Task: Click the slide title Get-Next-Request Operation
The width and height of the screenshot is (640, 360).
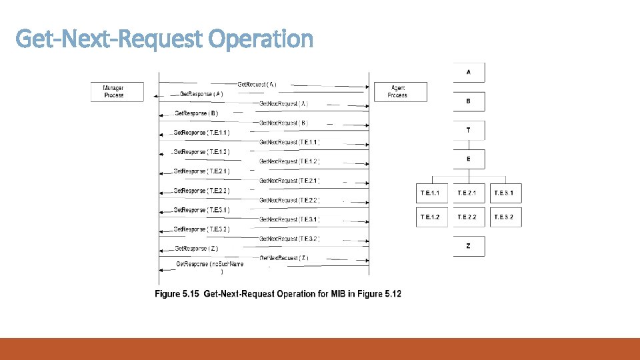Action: point(164,39)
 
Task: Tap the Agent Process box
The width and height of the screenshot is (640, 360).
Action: point(398,91)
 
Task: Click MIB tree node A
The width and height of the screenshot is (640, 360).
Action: point(468,72)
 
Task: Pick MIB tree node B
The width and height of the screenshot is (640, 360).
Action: point(468,101)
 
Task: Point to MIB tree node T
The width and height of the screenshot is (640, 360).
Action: point(468,131)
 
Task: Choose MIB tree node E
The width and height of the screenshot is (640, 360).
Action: point(468,159)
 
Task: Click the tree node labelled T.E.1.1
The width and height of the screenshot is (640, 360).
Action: point(431,193)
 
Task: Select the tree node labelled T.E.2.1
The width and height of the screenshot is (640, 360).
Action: point(467,193)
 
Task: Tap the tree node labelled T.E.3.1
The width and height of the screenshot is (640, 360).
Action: point(504,193)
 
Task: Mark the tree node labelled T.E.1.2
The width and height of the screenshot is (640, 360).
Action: point(431,217)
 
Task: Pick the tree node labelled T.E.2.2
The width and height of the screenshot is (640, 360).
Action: point(467,217)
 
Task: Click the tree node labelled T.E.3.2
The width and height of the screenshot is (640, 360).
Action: point(504,217)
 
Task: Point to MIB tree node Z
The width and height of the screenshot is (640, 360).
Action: point(468,246)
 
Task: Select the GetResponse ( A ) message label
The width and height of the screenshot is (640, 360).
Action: point(201,94)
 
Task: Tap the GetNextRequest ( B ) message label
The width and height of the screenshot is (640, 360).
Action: point(283,123)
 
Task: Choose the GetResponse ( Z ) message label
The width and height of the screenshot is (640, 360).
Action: point(196,249)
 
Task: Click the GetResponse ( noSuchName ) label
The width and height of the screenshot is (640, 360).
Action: point(209,265)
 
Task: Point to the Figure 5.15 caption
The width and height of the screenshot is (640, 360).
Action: point(278,294)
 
